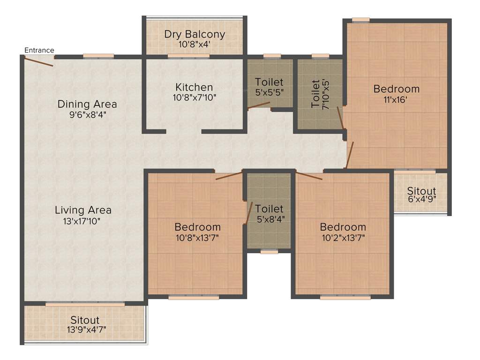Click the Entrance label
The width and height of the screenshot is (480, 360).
point(39,50)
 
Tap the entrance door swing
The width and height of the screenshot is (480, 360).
point(39,61)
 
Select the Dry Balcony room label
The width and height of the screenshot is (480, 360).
point(195,34)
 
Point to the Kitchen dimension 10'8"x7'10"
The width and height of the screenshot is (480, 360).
point(195,97)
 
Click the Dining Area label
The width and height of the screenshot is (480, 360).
point(87,104)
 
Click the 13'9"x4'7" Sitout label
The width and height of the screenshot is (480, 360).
point(86,330)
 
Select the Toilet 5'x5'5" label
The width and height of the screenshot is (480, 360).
point(269,92)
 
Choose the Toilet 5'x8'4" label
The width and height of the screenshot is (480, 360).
point(269,218)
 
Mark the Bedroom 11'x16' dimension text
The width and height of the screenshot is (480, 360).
point(396,99)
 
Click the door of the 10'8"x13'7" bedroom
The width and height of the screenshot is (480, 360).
point(229,176)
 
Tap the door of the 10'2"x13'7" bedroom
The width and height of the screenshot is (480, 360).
point(309,176)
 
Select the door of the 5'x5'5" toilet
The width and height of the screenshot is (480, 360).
point(259,105)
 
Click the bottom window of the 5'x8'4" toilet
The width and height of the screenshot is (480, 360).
point(269,252)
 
